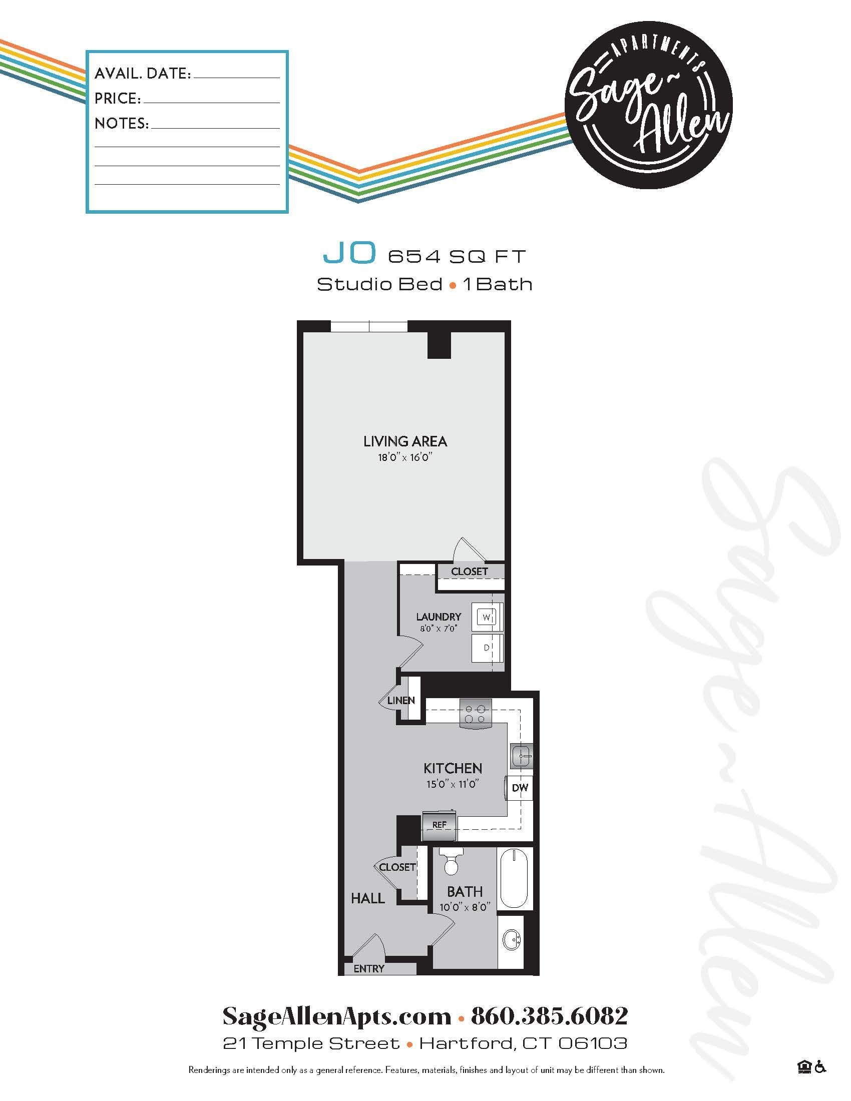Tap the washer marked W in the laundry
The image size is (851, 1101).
tap(487, 617)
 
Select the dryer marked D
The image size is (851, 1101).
tap(487, 648)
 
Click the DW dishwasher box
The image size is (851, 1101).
tap(519, 788)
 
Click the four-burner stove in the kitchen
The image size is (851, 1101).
tap(475, 714)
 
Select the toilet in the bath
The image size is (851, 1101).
tap(451, 862)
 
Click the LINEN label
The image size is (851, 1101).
tap(401, 700)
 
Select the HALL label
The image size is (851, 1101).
tap(368, 898)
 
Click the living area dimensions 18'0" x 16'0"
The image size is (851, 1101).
tap(405, 458)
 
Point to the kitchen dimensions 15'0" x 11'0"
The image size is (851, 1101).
tap(452, 784)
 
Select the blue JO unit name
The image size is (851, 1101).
tap(349, 253)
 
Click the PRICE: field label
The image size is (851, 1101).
tap(118, 99)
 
